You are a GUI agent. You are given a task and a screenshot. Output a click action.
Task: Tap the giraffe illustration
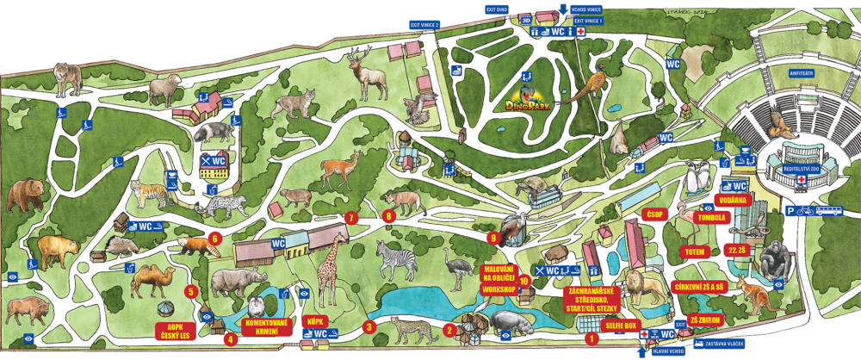tap(329, 270)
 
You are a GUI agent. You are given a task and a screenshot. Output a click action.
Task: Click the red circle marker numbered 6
tap(214, 239)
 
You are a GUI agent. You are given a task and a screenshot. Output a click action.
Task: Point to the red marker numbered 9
tap(493, 237)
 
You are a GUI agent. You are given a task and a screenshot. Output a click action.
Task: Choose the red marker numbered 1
tap(591, 338)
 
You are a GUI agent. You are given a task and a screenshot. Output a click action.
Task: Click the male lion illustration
tap(643, 285)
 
